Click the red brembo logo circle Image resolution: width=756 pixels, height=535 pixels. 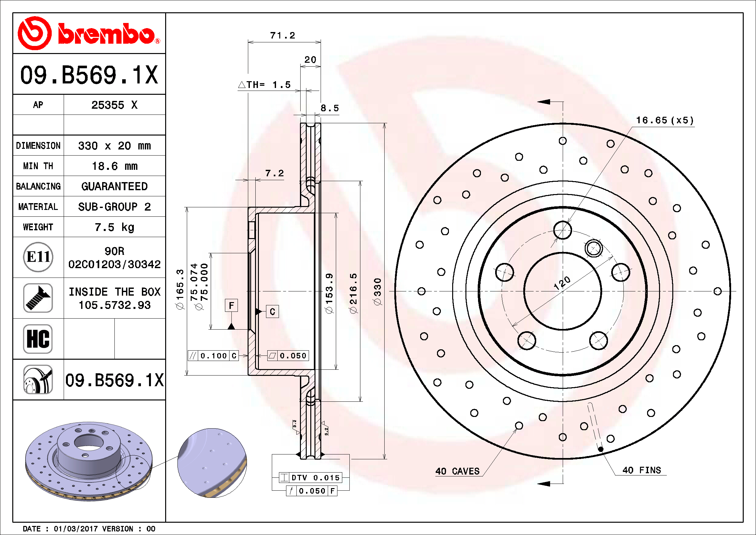(x=34, y=33)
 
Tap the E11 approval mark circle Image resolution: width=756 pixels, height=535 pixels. (x=38, y=257)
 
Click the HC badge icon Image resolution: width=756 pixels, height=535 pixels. (x=38, y=339)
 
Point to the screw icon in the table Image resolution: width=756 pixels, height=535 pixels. (x=38, y=298)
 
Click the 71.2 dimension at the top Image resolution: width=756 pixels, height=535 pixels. (x=282, y=36)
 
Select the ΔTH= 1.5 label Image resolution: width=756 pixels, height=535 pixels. (x=264, y=85)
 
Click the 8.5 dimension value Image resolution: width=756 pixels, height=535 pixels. (x=330, y=108)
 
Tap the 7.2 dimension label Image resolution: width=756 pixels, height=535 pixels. (x=274, y=173)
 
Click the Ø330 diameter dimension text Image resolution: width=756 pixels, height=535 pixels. (x=378, y=291)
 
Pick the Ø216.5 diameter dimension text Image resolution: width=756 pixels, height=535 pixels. (x=353, y=293)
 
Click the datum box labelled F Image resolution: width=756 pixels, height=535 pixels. (x=231, y=305)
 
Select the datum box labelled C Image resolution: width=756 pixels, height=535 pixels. (x=272, y=311)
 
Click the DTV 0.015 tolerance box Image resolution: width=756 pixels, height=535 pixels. (x=311, y=478)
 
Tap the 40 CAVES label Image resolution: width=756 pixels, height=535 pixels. (x=457, y=471)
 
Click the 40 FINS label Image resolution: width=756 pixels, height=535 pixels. (x=641, y=470)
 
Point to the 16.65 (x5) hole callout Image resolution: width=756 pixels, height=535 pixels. (x=665, y=121)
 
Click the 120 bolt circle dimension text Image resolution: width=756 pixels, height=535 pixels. (x=562, y=283)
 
